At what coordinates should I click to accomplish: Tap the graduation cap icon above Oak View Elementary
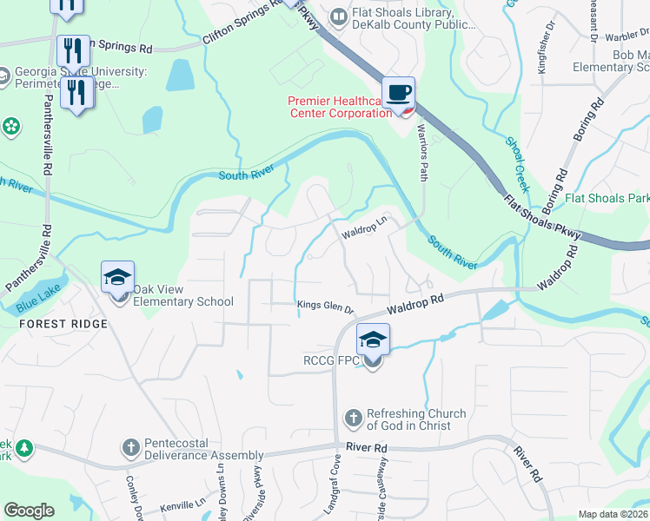(x=118, y=278)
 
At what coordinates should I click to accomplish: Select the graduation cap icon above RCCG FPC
(x=372, y=340)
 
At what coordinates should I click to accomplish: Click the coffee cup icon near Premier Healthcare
(x=398, y=93)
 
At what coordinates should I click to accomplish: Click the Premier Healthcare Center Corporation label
(x=340, y=107)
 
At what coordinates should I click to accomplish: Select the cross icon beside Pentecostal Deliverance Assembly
(x=130, y=448)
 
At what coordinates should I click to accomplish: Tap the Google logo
(x=29, y=511)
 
